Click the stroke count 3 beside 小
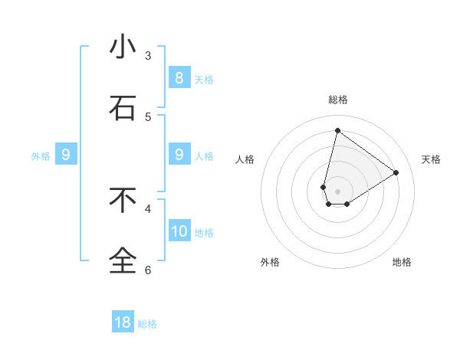click(148, 55)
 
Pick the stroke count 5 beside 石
click(148, 116)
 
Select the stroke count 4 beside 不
click(148, 208)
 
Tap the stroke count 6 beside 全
click(148, 269)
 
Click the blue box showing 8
click(179, 77)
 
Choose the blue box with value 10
click(179, 231)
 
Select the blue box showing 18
click(123, 322)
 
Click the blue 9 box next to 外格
click(66, 155)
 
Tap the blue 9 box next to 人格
click(179, 155)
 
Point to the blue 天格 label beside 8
click(204, 79)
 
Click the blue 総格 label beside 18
click(147, 324)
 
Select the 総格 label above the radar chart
click(338, 100)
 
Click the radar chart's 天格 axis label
click(431, 159)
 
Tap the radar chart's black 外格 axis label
click(270, 262)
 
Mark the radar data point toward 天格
click(396, 172)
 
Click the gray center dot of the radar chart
click(338, 191)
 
